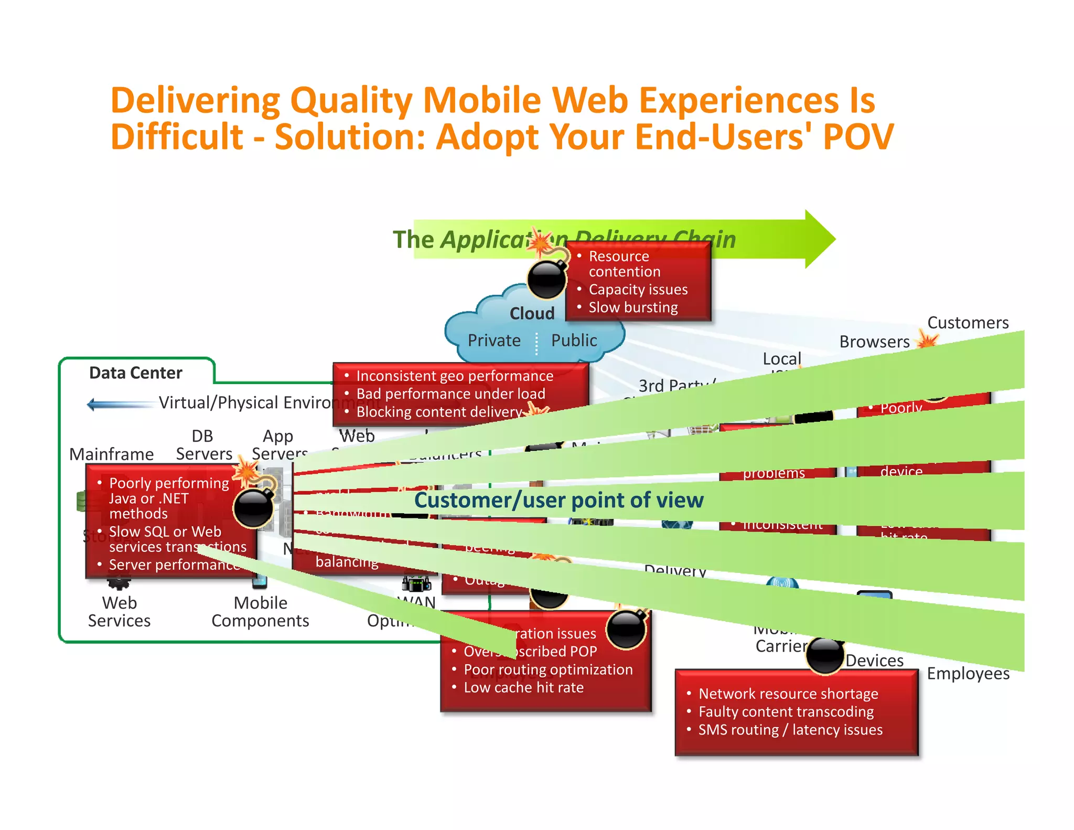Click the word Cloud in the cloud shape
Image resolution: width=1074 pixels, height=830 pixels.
pos(532,313)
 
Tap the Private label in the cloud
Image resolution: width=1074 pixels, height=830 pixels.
pos(494,340)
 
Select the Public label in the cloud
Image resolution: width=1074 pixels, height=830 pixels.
pos(574,340)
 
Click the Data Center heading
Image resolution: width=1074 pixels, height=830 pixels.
pos(135,373)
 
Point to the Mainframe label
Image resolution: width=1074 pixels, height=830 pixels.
pos(111,454)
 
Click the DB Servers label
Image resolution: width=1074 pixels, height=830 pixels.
pos(203,445)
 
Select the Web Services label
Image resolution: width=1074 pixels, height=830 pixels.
pos(119,612)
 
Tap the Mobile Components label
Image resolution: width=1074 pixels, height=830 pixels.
pos(260,612)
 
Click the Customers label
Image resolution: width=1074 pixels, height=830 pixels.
pos(968,322)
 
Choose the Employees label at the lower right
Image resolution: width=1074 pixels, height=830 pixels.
pos(968,673)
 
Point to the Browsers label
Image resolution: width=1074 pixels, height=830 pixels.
pos(874,342)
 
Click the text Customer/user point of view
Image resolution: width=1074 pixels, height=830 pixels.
pos(559,500)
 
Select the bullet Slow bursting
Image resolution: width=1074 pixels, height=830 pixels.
pos(633,307)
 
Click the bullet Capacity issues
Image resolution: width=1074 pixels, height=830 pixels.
pos(638,290)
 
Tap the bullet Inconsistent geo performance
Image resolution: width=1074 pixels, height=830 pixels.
pos(455,376)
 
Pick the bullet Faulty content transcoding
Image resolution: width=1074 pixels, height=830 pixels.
pos(786,712)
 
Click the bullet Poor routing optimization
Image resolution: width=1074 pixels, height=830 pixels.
pos(548,669)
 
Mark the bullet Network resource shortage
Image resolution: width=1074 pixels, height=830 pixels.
pos(788,694)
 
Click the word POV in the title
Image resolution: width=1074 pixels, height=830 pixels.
pos(858,136)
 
